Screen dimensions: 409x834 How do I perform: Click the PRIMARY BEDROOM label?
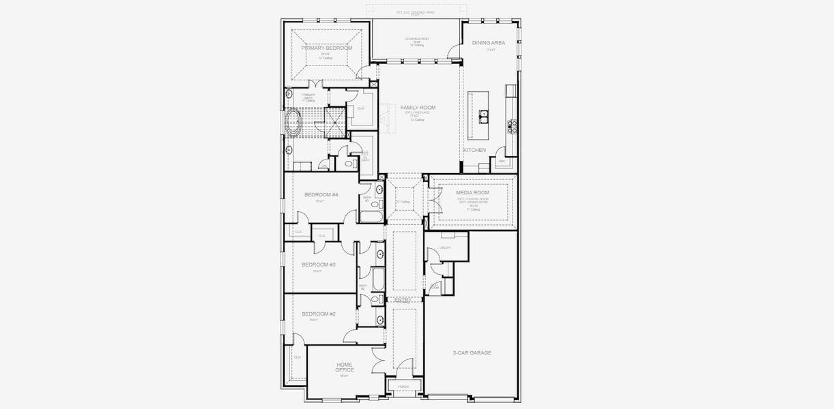click(327, 48)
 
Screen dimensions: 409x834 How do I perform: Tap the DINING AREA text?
click(489, 43)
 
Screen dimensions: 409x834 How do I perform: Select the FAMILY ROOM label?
click(418, 108)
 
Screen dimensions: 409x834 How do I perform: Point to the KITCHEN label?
click(475, 150)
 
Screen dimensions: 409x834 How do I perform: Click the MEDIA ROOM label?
click(472, 192)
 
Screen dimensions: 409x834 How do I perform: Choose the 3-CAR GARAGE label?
click(472, 352)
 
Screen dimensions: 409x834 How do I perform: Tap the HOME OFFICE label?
click(345, 367)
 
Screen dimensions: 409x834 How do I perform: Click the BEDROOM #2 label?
click(319, 314)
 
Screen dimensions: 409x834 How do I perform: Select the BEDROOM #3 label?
click(318, 264)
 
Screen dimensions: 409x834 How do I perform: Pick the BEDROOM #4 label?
click(321, 194)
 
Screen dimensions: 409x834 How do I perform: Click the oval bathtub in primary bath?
click(294, 124)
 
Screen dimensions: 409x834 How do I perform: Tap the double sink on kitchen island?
click(485, 115)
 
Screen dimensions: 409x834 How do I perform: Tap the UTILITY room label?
click(445, 247)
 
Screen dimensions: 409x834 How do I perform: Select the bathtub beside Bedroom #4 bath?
click(373, 217)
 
